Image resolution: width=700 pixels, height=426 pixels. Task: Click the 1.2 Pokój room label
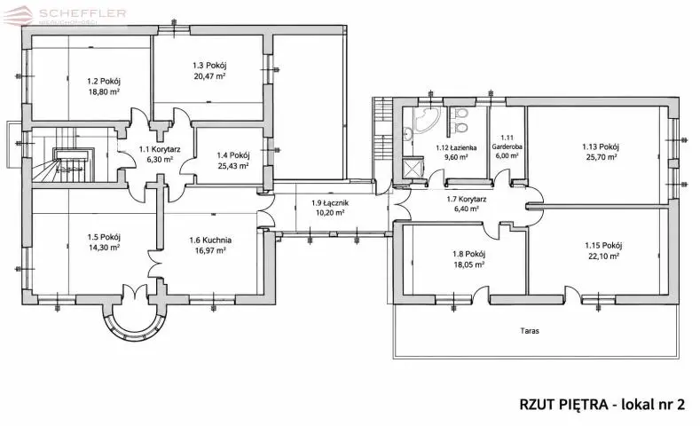tap(104, 82)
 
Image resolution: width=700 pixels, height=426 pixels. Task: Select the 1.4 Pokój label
tap(233, 155)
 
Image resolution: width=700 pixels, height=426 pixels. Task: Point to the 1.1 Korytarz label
tap(160, 150)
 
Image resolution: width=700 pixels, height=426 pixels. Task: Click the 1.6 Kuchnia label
tap(210, 241)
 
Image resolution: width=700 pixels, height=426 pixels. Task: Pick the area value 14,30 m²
tap(104, 248)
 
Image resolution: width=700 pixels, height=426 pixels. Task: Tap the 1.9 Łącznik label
tap(330, 202)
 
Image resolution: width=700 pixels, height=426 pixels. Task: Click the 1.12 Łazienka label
tap(456, 147)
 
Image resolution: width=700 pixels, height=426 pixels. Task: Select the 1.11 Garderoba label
tap(507, 142)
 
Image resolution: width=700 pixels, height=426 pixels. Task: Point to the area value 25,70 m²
tap(601, 157)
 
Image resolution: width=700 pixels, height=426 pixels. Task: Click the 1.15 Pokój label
tap(603, 245)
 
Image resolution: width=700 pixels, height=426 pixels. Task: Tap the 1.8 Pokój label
tap(468, 254)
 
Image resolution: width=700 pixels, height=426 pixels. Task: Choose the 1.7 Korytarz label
tap(467, 200)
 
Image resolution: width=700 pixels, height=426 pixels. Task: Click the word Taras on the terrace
tap(530, 331)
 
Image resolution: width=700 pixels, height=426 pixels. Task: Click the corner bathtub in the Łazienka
tap(427, 119)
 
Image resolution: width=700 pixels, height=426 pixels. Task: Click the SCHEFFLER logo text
tap(83, 13)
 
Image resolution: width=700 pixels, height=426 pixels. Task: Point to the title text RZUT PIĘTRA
tap(563, 404)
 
